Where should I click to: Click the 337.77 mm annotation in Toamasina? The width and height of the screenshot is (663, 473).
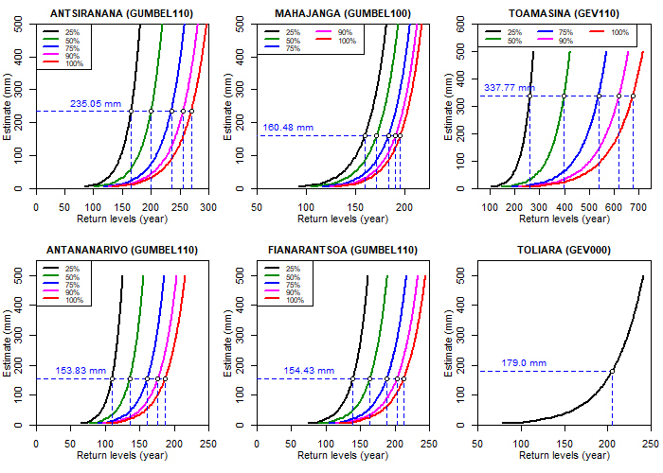point(509,88)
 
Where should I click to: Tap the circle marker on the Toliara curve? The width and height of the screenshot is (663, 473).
point(613,371)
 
